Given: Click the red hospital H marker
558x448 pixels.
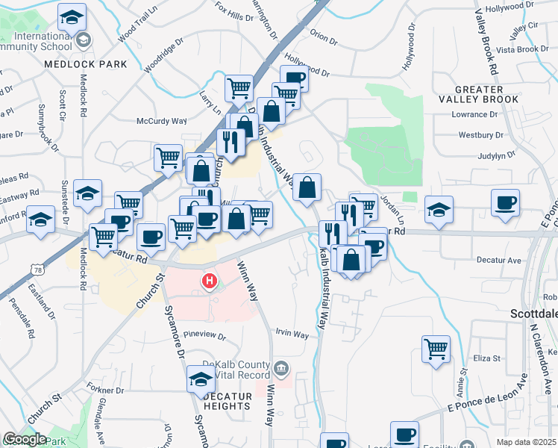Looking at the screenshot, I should click(x=210, y=281).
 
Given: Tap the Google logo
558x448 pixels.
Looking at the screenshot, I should click(x=25, y=439).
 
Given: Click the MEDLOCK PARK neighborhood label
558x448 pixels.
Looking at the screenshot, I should click(x=86, y=64).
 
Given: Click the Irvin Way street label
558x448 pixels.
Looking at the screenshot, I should click(x=292, y=335).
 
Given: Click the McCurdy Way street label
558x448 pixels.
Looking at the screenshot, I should click(x=161, y=121).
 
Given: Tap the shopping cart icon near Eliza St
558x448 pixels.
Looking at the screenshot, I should click(x=436, y=347).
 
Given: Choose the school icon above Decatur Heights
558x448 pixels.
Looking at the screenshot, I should click(x=201, y=378).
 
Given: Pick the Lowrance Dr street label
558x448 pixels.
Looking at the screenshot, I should click(x=474, y=115).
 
